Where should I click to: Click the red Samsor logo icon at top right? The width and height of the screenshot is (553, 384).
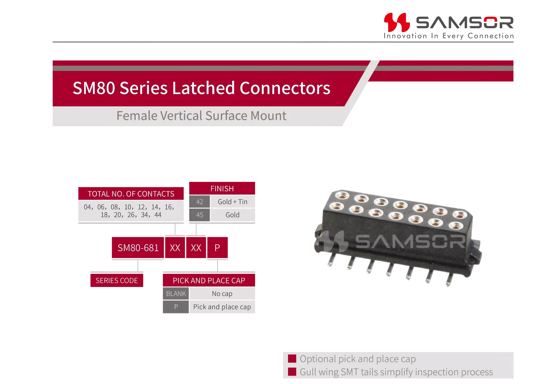point(397,22)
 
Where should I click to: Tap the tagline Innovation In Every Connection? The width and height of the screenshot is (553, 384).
point(449,36)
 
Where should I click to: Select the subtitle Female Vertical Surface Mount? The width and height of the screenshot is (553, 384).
point(201,116)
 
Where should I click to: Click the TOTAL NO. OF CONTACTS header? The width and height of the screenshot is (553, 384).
point(131,194)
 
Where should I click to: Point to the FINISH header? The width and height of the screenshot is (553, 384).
point(222,189)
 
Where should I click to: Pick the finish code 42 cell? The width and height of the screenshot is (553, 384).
point(200,202)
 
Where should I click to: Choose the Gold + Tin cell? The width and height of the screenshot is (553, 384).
point(233,202)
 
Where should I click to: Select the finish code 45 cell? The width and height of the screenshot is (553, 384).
point(200,215)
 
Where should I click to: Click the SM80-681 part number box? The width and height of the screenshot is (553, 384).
point(138,248)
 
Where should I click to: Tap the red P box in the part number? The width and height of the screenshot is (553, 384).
point(217,248)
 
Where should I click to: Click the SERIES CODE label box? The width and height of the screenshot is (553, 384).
point(117,281)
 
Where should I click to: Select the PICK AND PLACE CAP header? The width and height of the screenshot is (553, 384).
point(209,281)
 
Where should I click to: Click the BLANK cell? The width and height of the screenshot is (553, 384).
point(176,293)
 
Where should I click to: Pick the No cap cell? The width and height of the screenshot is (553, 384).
point(222,293)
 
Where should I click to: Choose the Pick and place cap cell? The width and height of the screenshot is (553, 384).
point(222,307)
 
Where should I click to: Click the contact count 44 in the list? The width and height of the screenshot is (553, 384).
point(158,215)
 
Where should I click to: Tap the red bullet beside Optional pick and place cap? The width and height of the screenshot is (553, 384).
point(292,359)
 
